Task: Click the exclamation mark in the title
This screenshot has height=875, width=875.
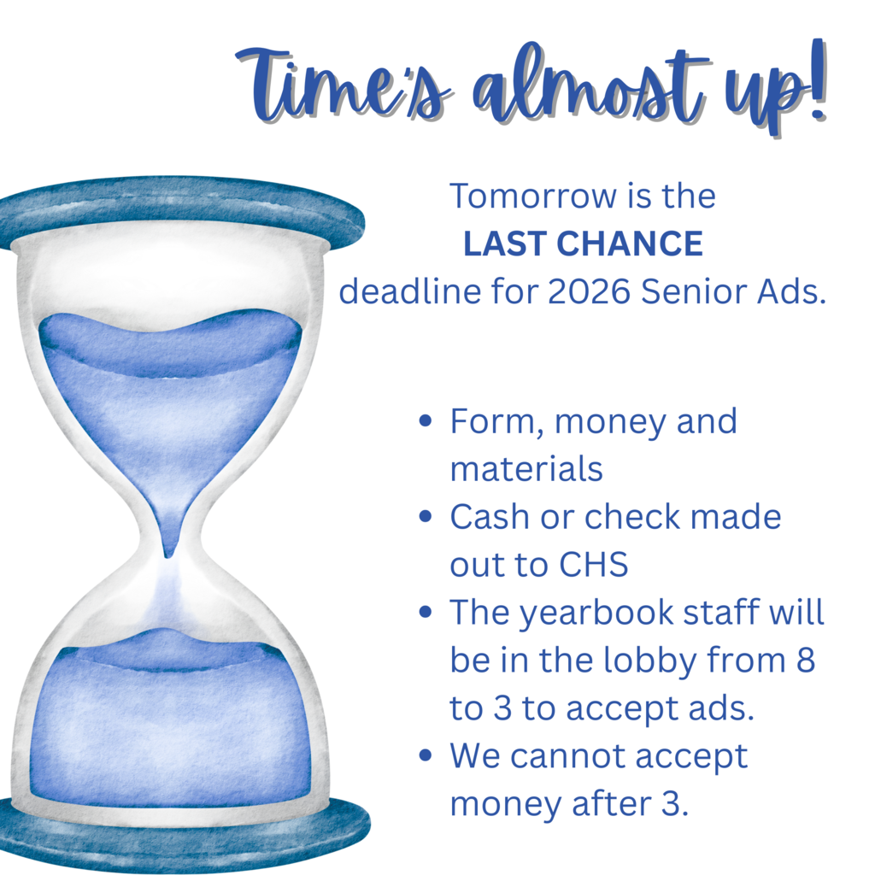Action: coord(815,85)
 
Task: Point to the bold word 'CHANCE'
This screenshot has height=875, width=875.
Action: coord(631,244)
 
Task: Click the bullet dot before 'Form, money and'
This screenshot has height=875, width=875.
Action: coord(426,421)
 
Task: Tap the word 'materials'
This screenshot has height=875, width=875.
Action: coord(526,469)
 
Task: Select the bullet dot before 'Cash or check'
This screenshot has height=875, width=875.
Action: coord(426,517)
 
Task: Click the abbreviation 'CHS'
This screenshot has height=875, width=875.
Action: coord(594,565)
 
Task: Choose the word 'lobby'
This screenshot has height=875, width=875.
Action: coord(659,661)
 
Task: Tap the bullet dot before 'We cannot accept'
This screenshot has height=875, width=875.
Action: coord(426,756)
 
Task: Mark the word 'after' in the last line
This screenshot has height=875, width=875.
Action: coord(598,804)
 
